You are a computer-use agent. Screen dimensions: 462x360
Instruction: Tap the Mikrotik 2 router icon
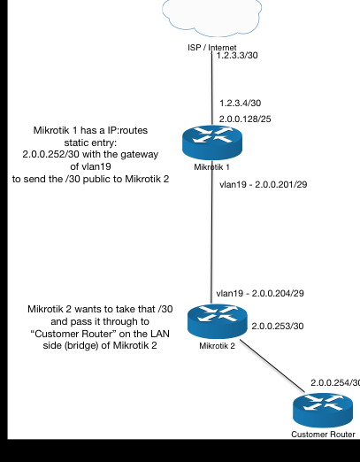(x=211, y=321)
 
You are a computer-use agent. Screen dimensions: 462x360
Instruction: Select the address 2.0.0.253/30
(x=279, y=327)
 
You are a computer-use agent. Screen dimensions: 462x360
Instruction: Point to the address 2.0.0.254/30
(x=334, y=382)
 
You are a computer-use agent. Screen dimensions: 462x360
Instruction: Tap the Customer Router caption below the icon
(x=323, y=434)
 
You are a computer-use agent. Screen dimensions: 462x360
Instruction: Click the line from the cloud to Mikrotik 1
(x=211, y=89)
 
